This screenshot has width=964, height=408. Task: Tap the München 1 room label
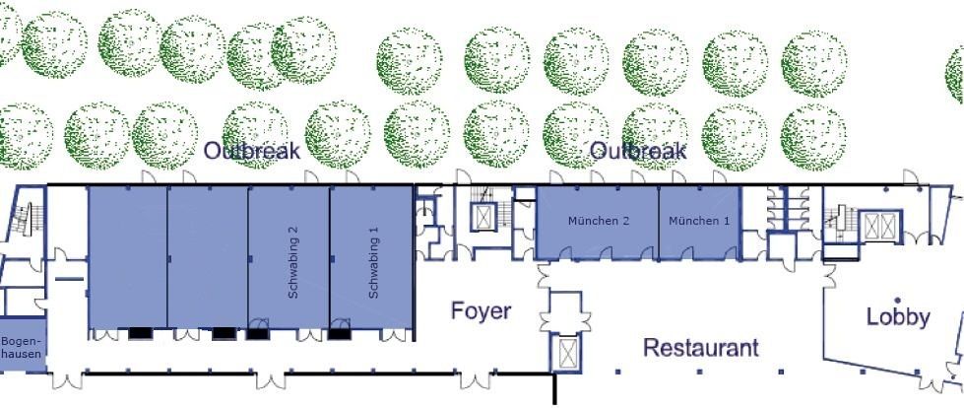coord(699,221)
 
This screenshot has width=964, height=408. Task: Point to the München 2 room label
coord(599,221)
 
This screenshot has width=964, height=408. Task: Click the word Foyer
coord(481,310)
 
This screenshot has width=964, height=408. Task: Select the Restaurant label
coord(701,348)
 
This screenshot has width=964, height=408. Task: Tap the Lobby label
coord(898,317)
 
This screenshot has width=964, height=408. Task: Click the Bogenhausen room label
coord(22,348)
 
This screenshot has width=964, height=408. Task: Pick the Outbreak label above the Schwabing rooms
coord(252,150)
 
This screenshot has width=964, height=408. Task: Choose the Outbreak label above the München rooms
coord(638,150)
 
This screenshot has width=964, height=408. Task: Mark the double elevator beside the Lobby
coord(880,226)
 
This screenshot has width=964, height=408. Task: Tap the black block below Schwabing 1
coord(339,334)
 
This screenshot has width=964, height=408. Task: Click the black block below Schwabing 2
coord(258,334)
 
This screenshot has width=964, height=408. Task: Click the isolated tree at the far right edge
coord(955,74)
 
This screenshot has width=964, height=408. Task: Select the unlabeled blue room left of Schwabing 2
coord(208,257)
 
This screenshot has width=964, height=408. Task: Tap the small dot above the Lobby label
coord(898,301)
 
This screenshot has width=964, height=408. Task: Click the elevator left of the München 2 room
coord(483,217)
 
